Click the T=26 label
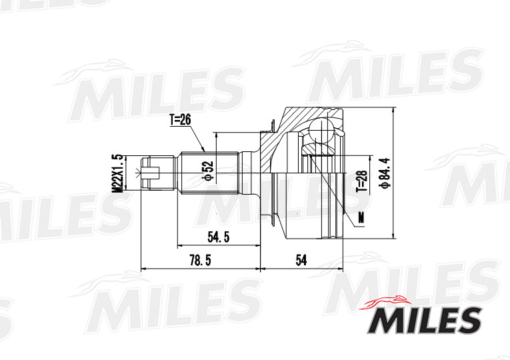click(x=180, y=120)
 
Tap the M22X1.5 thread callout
click(x=117, y=173)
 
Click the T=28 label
click(x=361, y=179)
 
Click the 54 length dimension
click(x=301, y=261)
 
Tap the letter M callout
click(x=361, y=217)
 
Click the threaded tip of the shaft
click(x=153, y=173)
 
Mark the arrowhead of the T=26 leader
click(x=205, y=151)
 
